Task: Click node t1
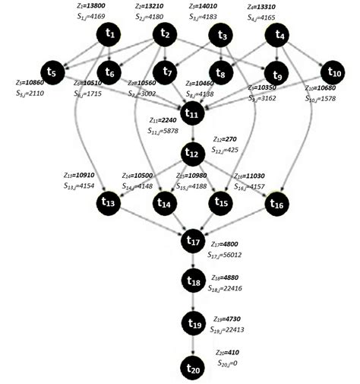(111, 34)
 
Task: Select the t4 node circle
(280, 35)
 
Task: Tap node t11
(193, 114)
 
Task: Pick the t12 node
(193, 154)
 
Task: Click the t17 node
(193, 242)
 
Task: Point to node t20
(193, 368)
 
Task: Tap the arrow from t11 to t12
(193, 135)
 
